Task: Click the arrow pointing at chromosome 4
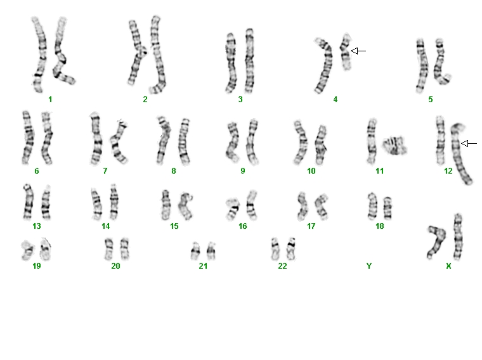358,51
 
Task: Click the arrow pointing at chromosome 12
469,143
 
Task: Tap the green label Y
369,266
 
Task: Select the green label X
448,266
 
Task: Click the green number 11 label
380,171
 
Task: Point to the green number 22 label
282,266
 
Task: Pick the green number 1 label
50,100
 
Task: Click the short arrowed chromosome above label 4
346,51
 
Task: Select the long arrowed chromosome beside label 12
460,153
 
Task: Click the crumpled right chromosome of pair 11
394,146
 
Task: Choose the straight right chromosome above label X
458,237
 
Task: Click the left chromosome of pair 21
195,251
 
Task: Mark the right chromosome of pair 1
62,52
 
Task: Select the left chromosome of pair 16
233,209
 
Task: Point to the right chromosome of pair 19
46,249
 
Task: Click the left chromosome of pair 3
231,63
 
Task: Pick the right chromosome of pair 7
119,142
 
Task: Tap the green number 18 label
380,226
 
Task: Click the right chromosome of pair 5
441,62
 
